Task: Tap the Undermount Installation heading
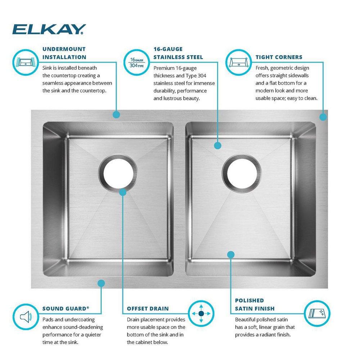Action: (x=64, y=53)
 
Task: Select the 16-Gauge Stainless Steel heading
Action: (x=178, y=53)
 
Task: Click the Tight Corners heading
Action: (x=279, y=57)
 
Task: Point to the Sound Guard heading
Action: (x=66, y=309)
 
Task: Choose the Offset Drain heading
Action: (x=148, y=309)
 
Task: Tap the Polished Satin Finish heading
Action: (x=255, y=304)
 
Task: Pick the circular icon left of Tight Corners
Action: (x=238, y=62)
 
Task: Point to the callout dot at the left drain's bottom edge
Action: (x=122, y=192)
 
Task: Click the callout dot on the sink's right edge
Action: (x=323, y=117)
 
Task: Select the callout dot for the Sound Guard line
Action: (x=101, y=283)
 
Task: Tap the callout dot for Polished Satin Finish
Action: (x=231, y=255)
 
